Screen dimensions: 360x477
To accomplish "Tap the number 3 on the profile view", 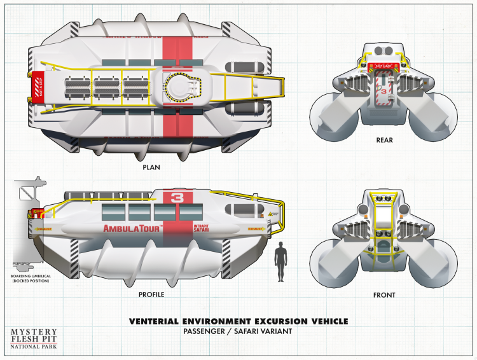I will pyautogui.click(x=177, y=198).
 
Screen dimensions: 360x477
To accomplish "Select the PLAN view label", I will pyautogui.click(x=151, y=168).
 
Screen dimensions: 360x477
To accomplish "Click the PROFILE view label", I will pyautogui.click(x=151, y=294).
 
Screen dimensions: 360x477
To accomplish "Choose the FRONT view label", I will pyautogui.click(x=384, y=295).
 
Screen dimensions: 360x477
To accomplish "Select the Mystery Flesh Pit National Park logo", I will pyautogui.click(x=34, y=340).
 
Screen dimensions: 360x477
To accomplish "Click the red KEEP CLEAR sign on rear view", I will pyautogui.click(x=384, y=65).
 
